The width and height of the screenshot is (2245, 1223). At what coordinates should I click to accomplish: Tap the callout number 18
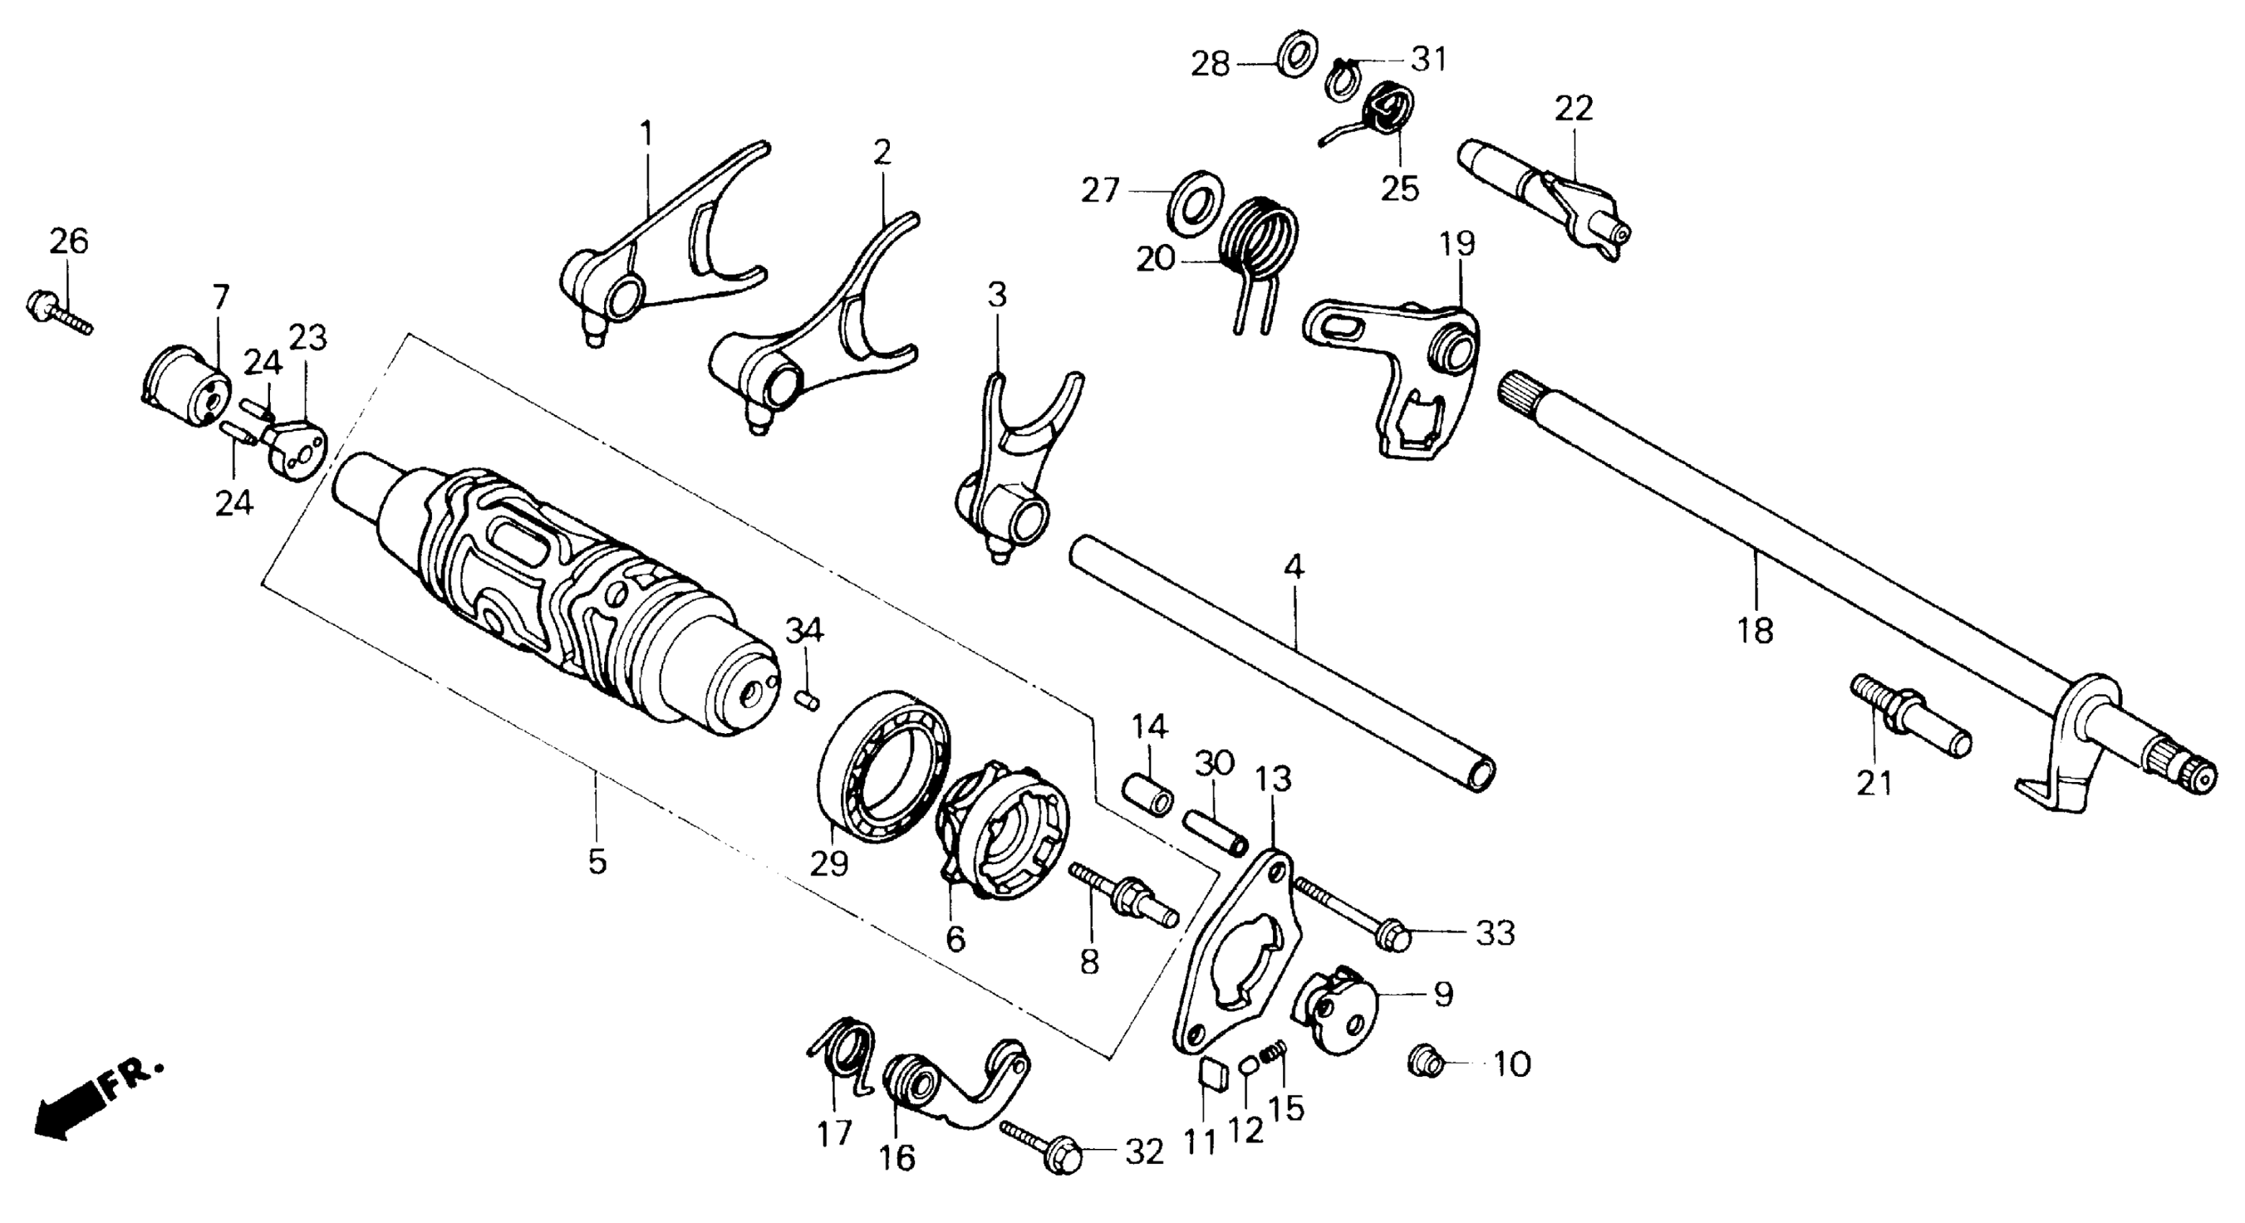1755,629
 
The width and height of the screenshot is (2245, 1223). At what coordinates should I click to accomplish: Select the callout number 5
596,862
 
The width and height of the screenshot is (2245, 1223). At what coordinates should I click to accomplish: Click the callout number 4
1294,568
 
